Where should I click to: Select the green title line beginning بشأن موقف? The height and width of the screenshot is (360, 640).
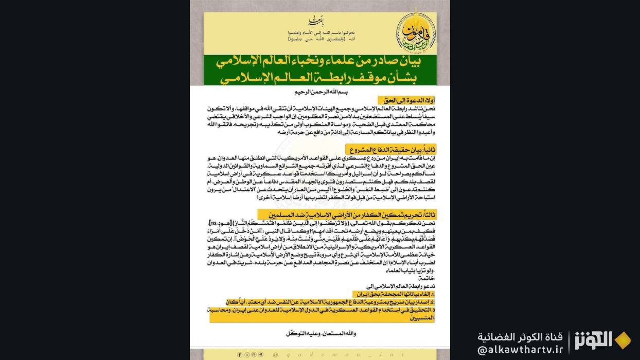tap(319, 79)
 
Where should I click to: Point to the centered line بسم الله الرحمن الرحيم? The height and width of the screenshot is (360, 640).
tap(319, 92)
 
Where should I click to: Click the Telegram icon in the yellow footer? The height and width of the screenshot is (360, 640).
tap(260, 354)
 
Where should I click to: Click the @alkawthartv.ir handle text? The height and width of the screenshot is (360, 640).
tap(520, 350)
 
